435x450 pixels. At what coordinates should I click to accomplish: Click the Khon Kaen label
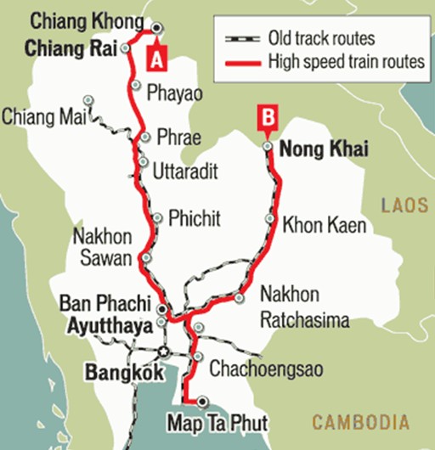324,225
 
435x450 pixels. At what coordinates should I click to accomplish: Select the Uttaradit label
186,172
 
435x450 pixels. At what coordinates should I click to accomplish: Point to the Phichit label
195,218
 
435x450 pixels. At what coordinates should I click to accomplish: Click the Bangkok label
123,371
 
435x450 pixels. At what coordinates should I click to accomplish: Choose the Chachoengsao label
261,368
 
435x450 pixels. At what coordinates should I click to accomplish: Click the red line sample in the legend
243,62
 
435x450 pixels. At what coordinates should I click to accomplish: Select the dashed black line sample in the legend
243,39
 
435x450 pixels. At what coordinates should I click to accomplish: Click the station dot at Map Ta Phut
202,401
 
